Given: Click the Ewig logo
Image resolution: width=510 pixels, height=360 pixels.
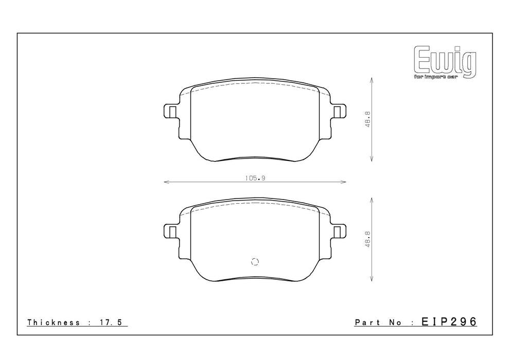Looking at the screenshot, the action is pyautogui.click(x=445, y=62).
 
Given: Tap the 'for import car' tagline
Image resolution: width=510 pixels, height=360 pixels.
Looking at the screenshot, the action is pyautogui.click(x=436, y=77).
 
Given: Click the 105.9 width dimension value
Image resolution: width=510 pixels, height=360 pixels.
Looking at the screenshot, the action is pyautogui.click(x=255, y=178).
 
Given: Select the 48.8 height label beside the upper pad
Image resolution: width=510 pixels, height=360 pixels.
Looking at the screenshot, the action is pyautogui.click(x=368, y=119).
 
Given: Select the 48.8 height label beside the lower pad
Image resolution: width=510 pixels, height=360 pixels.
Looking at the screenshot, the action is pyautogui.click(x=368, y=239).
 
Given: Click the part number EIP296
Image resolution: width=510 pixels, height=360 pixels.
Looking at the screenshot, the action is pyautogui.click(x=449, y=321).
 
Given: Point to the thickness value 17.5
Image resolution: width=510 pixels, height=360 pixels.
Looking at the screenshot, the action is pyautogui.click(x=110, y=322).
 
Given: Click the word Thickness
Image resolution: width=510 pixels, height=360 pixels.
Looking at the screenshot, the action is pyautogui.click(x=54, y=322).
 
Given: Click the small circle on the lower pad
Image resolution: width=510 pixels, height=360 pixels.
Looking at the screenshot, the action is pyautogui.click(x=255, y=261).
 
